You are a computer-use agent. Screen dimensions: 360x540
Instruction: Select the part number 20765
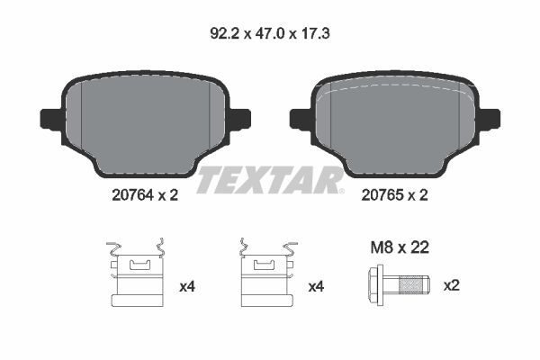click(x=382, y=193)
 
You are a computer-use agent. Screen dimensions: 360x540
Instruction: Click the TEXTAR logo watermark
click(x=270, y=180)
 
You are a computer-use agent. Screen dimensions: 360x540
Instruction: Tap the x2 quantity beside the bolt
click(x=453, y=286)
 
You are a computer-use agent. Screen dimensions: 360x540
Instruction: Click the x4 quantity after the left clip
click(x=187, y=286)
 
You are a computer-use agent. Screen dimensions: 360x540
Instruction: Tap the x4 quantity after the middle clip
click(x=316, y=286)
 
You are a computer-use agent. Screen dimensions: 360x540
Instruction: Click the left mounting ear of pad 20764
click(x=50, y=118)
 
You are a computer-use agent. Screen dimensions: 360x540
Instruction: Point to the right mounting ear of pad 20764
click(x=240, y=118)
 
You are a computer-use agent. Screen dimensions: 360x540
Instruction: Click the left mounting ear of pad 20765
click(x=300, y=118)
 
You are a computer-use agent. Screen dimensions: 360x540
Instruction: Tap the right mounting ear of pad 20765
click(x=490, y=118)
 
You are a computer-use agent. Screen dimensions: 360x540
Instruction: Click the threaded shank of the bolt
click(x=413, y=285)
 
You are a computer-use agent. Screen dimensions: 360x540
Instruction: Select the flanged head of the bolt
click(x=376, y=285)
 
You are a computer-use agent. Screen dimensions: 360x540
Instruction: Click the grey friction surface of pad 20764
click(x=145, y=121)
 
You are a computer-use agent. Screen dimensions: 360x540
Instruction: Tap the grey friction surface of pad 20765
click(x=395, y=121)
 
